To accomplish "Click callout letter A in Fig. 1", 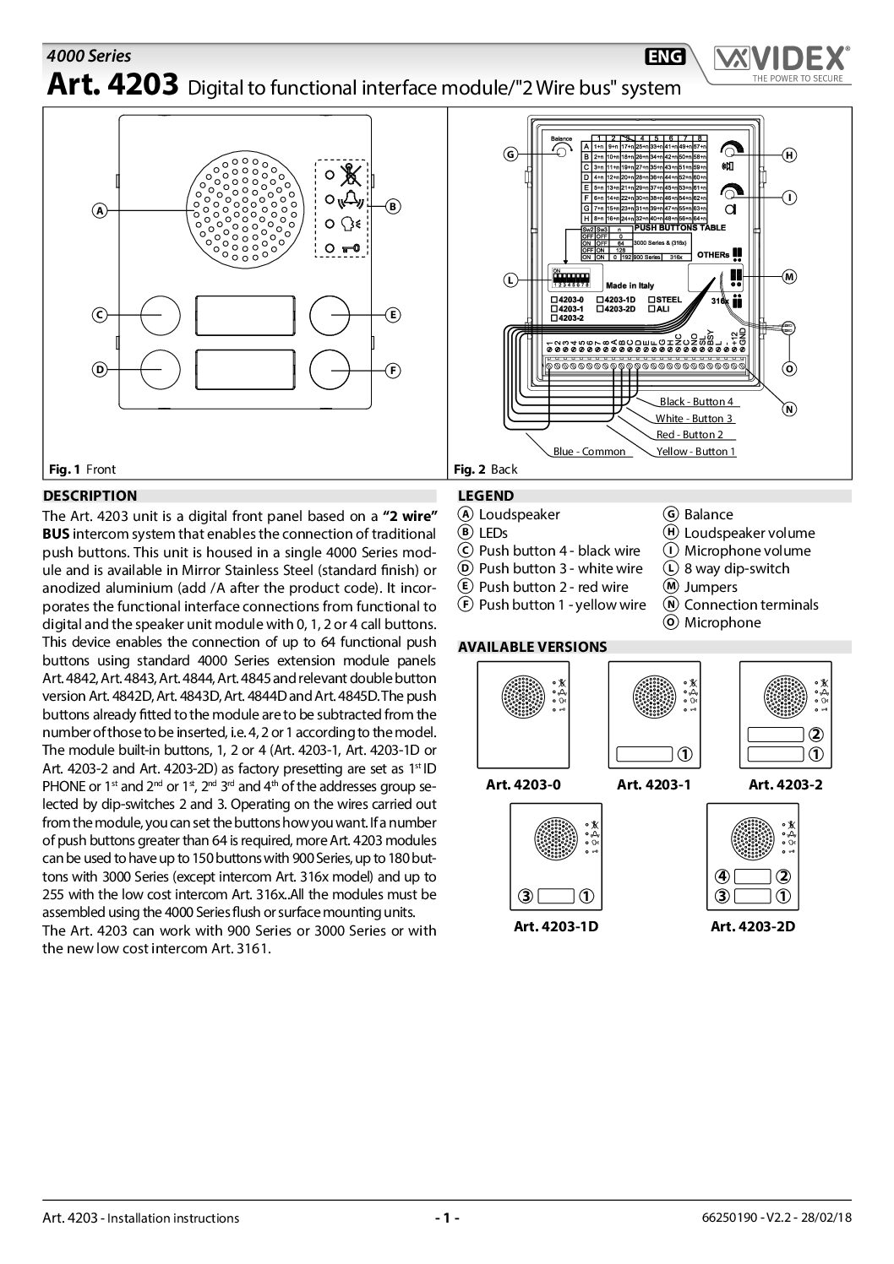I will pos(99,211).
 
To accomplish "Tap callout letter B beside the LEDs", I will pos(393,206).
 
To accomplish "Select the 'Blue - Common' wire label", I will pos(589,452).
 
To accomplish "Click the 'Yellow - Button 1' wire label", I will pos(695,452).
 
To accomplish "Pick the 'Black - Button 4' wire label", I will pos(696,402).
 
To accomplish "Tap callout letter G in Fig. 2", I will pos(510,154).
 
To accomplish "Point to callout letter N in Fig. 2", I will pos(789,409).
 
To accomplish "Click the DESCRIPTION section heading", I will pos(90,496).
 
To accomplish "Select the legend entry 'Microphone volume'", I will pos(747,551).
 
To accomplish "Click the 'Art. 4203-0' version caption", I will pos(523,784).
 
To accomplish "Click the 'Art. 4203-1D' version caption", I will pos(556,926).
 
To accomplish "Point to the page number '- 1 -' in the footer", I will pos(446,1218).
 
